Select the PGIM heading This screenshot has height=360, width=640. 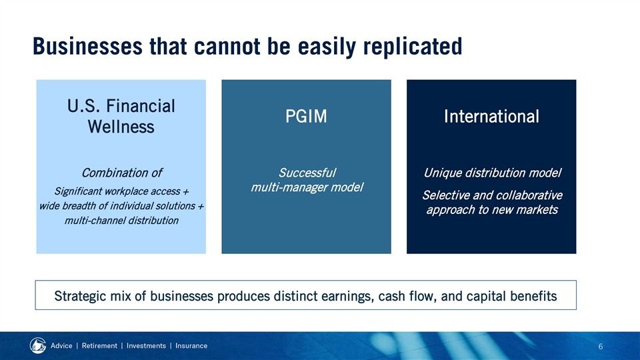306,116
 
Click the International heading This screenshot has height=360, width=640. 491,116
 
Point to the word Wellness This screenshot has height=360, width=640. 121,127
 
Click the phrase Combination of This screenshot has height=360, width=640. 121,173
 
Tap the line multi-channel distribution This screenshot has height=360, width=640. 121,221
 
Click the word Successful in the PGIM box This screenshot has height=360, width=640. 307,173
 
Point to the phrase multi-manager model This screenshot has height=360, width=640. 307,187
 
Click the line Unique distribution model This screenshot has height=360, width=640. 492,173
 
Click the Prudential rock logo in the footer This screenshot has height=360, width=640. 38,346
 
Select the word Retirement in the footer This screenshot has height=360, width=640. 99,346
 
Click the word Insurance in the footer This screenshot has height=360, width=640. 191,346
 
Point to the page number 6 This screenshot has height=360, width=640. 601,347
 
